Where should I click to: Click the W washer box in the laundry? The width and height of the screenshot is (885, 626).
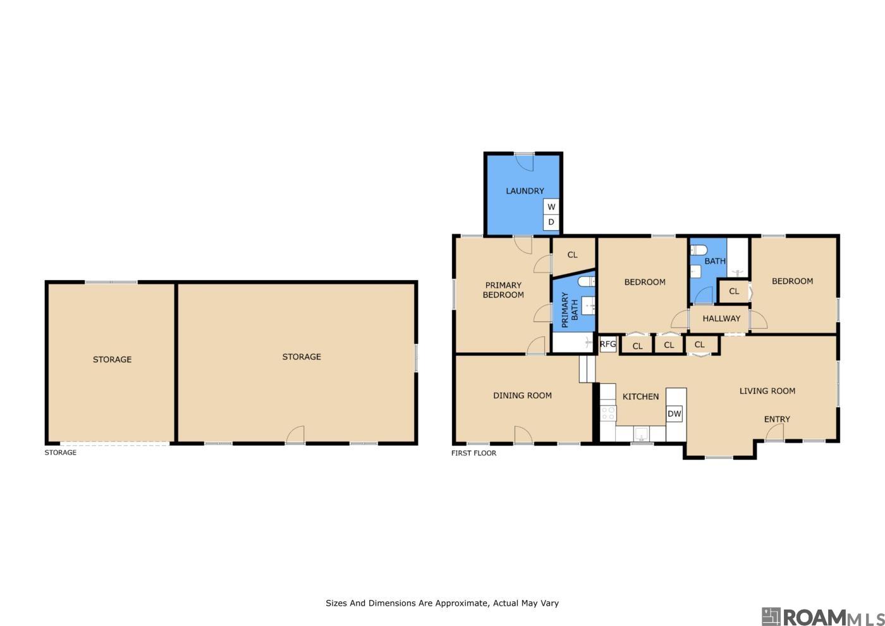pyautogui.click(x=551, y=207)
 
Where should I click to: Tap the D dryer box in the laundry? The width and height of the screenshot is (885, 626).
pyautogui.click(x=551, y=222)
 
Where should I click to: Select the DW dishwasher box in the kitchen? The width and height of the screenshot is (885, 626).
pyautogui.click(x=674, y=414)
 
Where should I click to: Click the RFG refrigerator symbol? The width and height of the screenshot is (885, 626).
pyautogui.click(x=607, y=344)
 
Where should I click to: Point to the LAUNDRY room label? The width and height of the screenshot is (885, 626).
pyautogui.click(x=525, y=191)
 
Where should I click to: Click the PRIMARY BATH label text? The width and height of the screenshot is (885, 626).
pyautogui.click(x=570, y=310)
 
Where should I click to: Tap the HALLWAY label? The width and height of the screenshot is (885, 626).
pyautogui.click(x=721, y=319)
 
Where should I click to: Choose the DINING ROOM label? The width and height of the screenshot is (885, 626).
pyautogui.click(x=522, y=396)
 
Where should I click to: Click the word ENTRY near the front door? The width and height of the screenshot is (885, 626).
pyautogui.click(x=777, y=419)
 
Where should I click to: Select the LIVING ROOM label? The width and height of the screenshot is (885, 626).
pyautogui.click(x=767, y=391)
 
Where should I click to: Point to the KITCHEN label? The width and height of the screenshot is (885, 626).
pyautogui.click(x=640, y=396)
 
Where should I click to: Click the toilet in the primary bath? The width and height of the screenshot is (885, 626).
pyautogui.click(x=587, y=282)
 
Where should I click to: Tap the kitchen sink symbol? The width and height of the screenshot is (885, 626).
pyautogui.click(x=641, y=434)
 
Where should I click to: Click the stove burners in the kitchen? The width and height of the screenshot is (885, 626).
pyautogui.click(x=607, y=414)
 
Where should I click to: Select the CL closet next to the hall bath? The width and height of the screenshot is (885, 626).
pyautogui.click(x=734, y=292)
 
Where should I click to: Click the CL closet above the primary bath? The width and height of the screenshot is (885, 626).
pyautogui.click(x=573, y=255)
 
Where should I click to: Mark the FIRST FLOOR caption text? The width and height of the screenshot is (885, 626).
pyautogui.click(x=473, y=453)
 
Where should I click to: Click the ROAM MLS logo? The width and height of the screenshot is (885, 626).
pyautogui.click(x=822, y=617)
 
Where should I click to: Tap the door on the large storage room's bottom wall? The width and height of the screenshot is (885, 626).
pyautogui.click(x=295, y=435)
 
